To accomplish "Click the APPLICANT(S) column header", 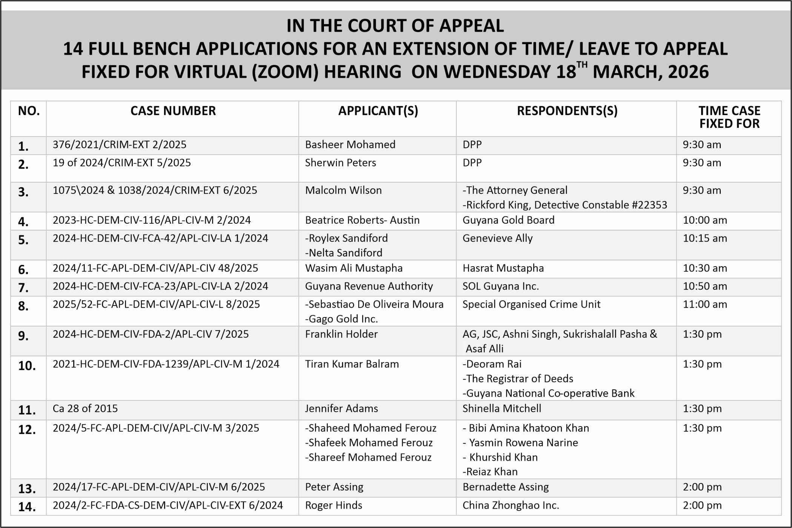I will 378,111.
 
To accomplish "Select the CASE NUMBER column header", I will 173,111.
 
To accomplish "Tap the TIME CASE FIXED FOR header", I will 729,117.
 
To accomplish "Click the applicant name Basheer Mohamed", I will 350,145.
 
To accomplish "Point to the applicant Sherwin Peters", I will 340,163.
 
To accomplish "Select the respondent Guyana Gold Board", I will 508,220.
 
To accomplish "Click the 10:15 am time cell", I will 705,238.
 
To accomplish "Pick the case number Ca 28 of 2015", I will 85,409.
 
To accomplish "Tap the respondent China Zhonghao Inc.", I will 511,505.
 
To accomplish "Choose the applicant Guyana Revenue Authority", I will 369,287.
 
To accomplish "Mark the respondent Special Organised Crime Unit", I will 531,305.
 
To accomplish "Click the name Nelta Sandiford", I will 345,253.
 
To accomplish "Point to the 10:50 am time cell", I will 705,287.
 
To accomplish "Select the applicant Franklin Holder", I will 341,335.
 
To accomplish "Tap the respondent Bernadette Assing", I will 505,487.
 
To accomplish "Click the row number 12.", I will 27,430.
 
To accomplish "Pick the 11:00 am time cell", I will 705,305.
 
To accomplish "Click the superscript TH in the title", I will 582,64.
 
